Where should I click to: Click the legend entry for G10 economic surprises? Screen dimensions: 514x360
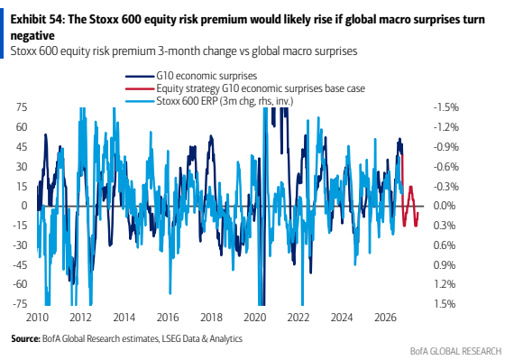[207, 76]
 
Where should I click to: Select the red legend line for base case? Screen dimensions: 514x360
[140, 88]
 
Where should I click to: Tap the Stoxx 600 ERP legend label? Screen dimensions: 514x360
[225, 101]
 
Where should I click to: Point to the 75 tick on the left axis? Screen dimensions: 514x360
[22, 107]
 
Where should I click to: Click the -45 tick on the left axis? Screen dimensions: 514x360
[20, 264]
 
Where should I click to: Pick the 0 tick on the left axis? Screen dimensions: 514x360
[24, 206]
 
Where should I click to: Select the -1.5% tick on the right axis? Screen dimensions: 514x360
[446, 107]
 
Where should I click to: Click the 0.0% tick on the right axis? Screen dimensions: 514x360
[445, 206]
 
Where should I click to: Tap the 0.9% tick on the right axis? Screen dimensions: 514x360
[445, 264]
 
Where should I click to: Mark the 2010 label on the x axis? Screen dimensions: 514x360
[37, 318]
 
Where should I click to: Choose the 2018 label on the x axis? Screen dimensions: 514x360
[211, 318]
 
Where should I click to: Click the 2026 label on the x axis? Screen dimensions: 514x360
[386, 318]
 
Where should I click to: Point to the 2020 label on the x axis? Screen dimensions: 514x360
[255, 318]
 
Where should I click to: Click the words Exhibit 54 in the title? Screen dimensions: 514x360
[37, 20]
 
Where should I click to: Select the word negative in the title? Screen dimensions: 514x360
[32, 35]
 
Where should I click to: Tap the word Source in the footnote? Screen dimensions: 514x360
[25, 338]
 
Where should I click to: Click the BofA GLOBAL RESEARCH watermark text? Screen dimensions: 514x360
[456, 351]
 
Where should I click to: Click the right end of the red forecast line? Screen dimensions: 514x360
[418, 213]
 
